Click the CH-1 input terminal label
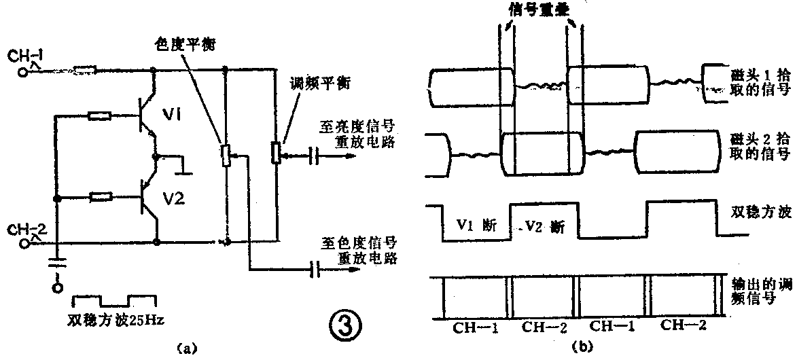[x=26, y=56]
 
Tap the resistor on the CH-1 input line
[x=84, y=69]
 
